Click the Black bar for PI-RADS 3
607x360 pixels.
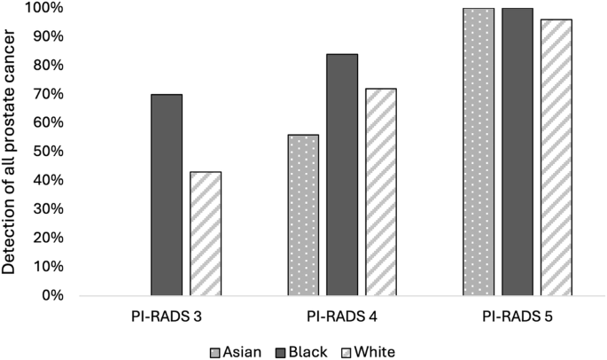(167, 194)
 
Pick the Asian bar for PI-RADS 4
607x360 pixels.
(303, 215)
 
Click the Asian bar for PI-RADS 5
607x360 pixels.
(479, 151)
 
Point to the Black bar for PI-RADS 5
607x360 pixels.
(518, 151)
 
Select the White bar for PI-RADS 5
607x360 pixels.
(556, 157)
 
